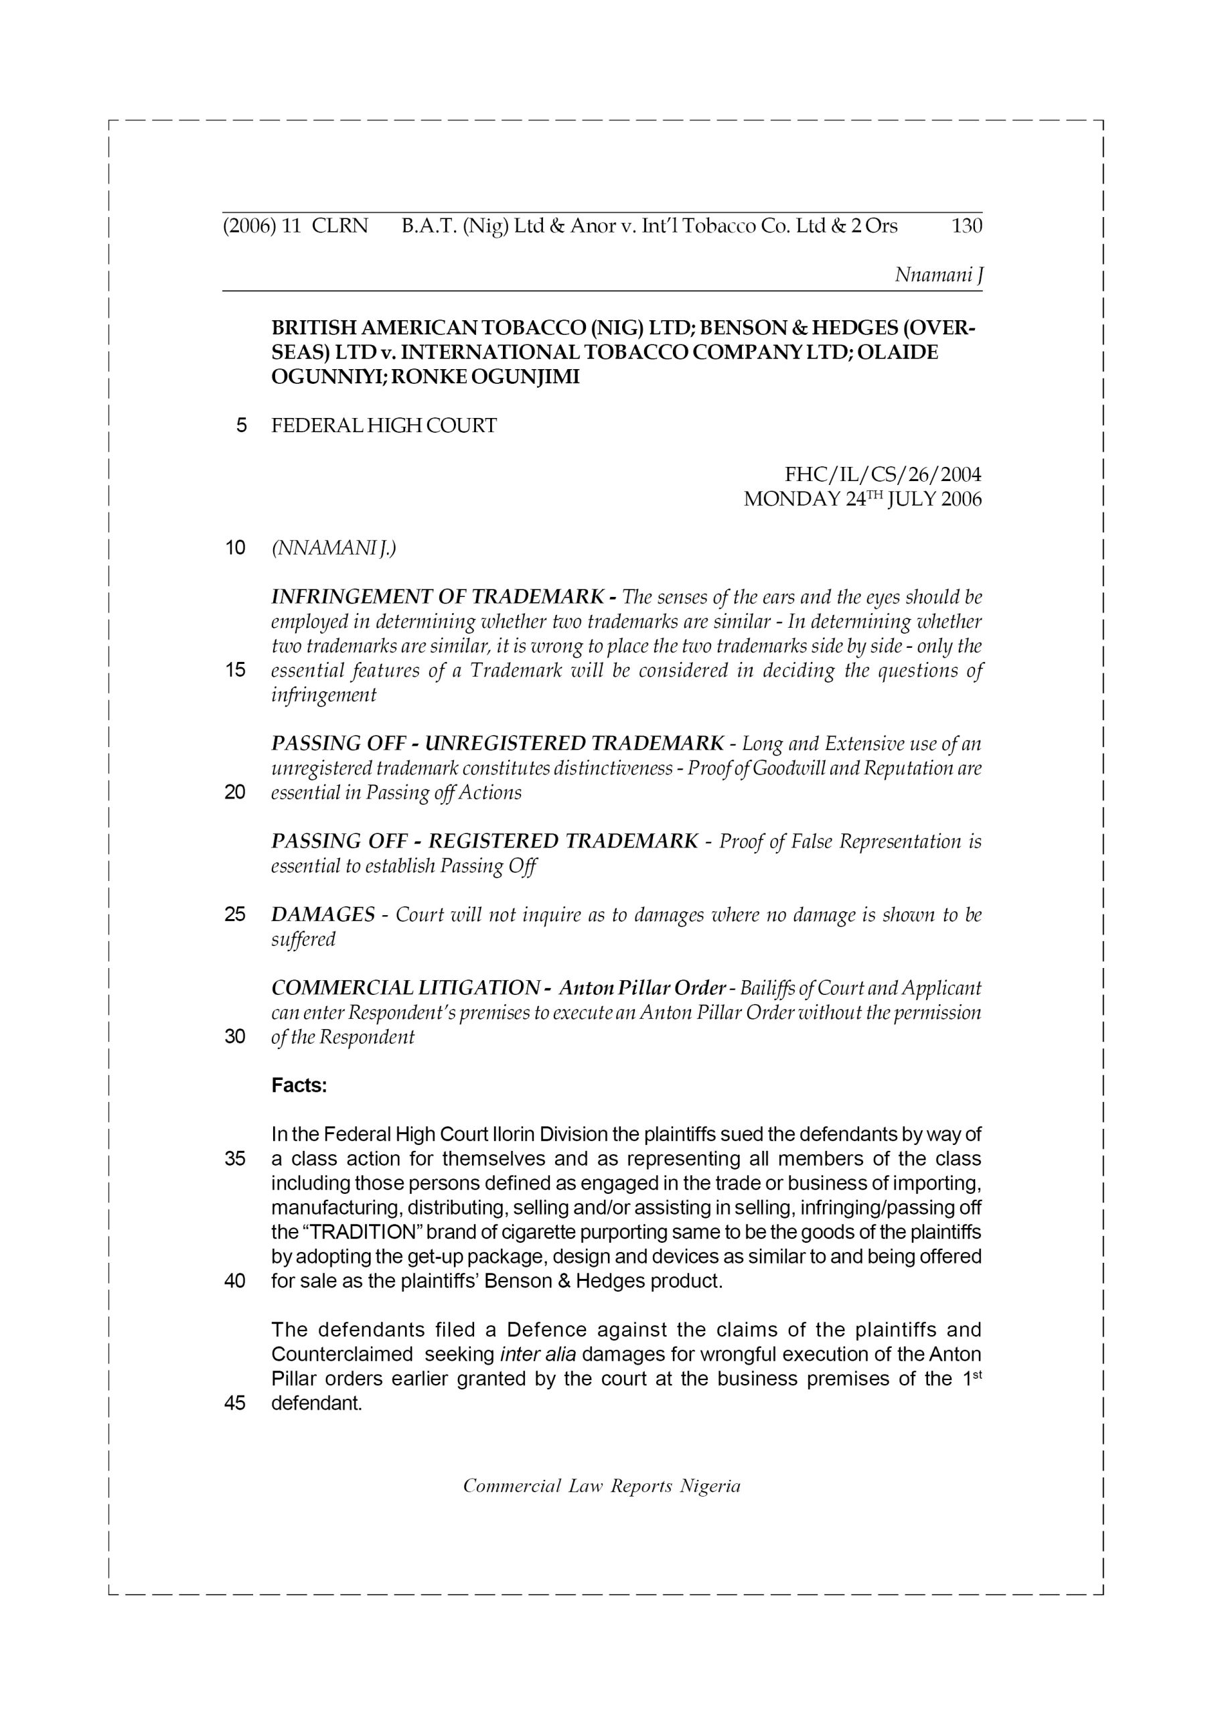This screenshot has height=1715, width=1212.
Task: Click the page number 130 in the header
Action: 966,226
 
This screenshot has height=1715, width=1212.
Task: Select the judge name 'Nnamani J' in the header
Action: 938,275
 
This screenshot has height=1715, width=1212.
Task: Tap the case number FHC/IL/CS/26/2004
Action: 883,474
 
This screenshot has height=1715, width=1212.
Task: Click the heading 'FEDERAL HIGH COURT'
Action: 384,426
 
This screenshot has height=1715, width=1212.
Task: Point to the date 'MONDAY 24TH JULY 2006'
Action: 862,499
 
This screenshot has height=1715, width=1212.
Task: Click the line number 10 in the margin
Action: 235,547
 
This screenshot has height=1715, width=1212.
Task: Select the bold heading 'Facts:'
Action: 299,1085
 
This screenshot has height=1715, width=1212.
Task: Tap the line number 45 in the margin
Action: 235,1403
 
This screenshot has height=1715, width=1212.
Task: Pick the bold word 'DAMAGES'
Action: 323,914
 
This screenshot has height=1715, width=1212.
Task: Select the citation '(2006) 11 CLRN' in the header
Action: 296,226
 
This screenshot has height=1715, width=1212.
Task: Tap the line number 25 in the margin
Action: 235,914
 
